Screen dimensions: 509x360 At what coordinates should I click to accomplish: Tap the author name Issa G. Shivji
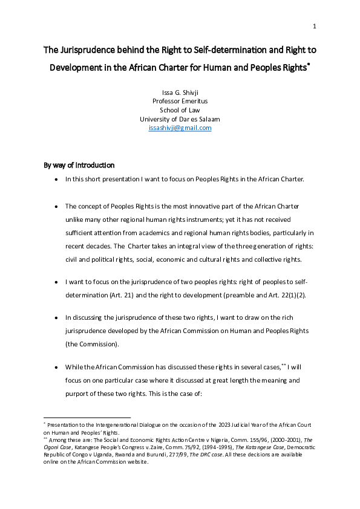click(180, 92)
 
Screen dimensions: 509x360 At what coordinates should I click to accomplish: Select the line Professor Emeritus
click(180, 102)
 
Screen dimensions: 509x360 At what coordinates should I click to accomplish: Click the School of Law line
click(180, 110)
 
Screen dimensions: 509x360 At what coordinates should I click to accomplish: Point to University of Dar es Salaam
click(180, 119)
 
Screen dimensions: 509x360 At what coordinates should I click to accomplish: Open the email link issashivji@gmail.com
click(180, 128)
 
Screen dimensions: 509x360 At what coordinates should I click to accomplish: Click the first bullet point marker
click(56, 180)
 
